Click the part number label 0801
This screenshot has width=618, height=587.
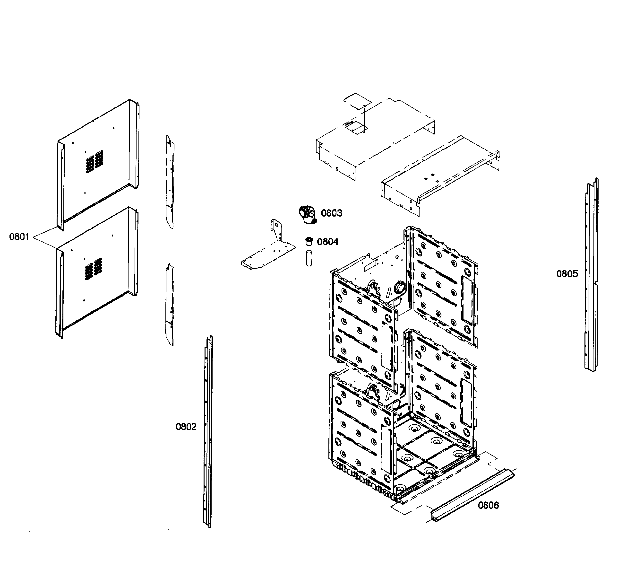click(19, 237)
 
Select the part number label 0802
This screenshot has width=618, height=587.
click(186, 427)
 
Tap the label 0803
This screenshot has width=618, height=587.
click(332, 213)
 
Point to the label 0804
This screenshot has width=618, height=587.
click(327, 242)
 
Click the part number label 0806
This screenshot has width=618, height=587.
click(488, 505)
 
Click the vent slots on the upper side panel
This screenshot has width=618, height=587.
click(94, 161)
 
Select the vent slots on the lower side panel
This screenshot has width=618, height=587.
click(94, 269)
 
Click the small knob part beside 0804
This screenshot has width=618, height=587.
click(309, 241)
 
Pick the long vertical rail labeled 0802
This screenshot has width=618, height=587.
click(208, 432)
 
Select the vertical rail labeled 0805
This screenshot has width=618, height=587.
click(591, 275)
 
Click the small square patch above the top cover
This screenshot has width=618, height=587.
click(357, 101)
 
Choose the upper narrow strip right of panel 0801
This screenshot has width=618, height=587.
click(170, 182)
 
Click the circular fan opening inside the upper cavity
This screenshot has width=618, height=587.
click(399, 286)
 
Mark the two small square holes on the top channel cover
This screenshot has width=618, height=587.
click(429, 176)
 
